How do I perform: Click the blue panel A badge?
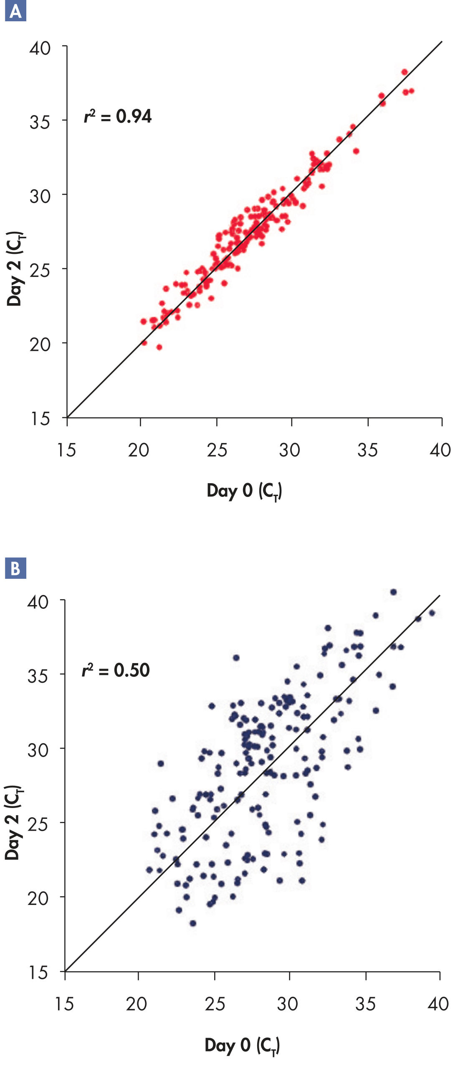click(15, 11)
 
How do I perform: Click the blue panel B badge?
click(15, 568)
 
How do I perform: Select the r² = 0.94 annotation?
click(118, 117)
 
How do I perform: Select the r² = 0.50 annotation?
click(116, 670)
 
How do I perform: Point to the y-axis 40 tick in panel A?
click(40, 48)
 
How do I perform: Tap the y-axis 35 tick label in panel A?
click(40, 122)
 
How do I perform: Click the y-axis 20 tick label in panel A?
click(40, 345)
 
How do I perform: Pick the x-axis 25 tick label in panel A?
click(217, 450)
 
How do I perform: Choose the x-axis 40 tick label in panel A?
click(440, 450)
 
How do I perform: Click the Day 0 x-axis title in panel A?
click(244, 491)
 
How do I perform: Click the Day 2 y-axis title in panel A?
click(15, 269)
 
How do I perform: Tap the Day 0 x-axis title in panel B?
click(242, 1045)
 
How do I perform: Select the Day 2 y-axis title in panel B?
click(13, 823)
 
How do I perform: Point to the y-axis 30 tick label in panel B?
click(38, 750)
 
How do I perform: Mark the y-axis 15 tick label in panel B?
click(38, 973)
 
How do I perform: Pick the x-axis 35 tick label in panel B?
click(366, 1004)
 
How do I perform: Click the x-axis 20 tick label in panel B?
click(137, 1004)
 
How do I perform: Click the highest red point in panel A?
click(404, 72)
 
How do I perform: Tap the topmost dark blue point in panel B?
click(393, 592)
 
